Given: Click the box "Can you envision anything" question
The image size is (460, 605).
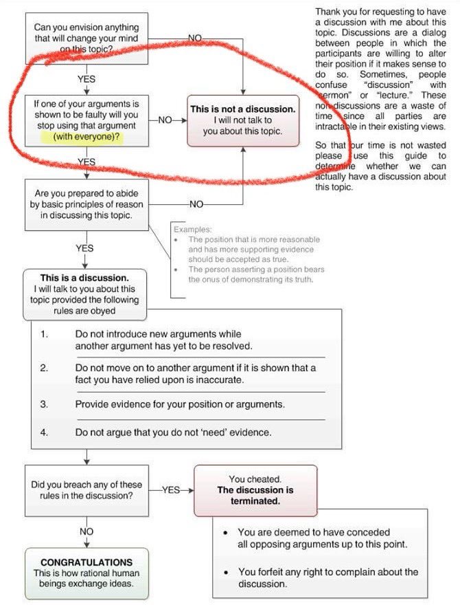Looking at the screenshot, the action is click(x=86, y=38).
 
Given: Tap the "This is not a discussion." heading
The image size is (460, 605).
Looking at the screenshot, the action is click(x=243, y=109).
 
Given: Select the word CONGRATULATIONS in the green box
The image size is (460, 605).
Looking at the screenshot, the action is click(x=87, y=562).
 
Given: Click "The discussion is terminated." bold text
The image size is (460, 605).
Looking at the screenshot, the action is click(x=255, y=496).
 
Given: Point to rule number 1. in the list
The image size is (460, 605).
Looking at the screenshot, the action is click(x=44, y=334).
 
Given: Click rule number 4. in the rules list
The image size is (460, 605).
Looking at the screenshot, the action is click(x=44, y=432).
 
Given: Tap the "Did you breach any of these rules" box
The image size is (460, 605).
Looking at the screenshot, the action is click(x=86, y=489).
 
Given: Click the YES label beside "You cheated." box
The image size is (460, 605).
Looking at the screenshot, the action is click(x=171, y=489).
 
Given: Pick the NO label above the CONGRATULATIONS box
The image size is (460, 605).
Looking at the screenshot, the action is click(x=87, y=531).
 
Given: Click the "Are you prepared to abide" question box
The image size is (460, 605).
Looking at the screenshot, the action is click(x=87, y=204).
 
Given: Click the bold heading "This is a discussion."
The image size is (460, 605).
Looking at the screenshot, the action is click(x=84, y=278).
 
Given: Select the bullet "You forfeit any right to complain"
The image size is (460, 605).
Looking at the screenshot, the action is click(x=327, y=578).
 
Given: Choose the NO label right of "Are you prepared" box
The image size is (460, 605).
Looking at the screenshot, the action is click(x=196, y=204).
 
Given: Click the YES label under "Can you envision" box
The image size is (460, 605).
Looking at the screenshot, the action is click(x=87, y=79).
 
